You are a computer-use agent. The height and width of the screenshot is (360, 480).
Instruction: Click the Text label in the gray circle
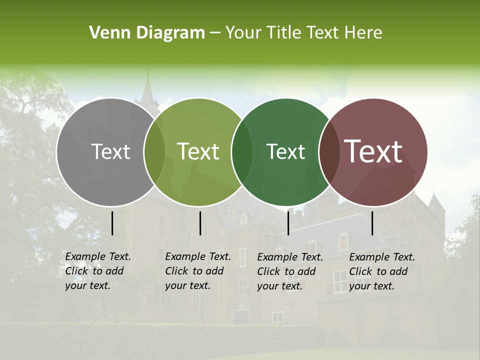pyautogui.click(x=110, y=151)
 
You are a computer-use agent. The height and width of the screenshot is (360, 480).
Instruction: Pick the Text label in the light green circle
pyautogui.click(x=198, y=151)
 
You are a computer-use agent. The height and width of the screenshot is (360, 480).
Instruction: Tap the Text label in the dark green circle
pyautogui.click(x=286, y=151)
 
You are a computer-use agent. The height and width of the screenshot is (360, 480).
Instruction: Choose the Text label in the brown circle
pyautogui.click(x=373, y=151)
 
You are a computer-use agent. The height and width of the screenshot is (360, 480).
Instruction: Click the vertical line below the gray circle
pyautogui.click(x=112, y=223)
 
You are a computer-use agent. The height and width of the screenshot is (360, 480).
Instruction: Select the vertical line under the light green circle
pyautogui.click(x=200, y=223)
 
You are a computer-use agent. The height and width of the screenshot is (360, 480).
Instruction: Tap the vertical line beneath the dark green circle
pyautogui.click(x=288, y=223)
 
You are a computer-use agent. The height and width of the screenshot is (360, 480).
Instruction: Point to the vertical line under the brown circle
pyautogui.click(x=372, y=223)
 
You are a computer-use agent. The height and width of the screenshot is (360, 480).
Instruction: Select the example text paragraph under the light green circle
pyautogui.click(x=198, y=271)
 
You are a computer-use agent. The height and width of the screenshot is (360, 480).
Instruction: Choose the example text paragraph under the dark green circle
pyautogui.click(x=290, y=271)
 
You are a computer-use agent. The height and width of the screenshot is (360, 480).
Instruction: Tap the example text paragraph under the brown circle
pyautogui.click(x=382, y=271)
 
